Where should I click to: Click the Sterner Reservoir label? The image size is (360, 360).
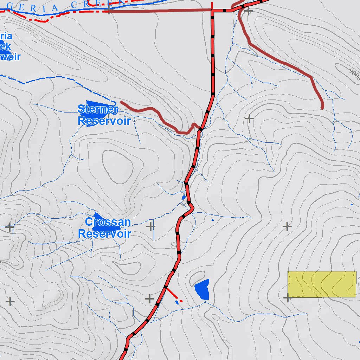tap(104, 115)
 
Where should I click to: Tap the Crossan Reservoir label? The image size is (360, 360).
tap(105, 228)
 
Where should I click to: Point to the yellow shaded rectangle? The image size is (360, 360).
tap(322, 284)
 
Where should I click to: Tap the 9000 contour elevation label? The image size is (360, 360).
tap(354, 75)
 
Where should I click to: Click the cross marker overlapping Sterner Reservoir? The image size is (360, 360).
tap(108, 116)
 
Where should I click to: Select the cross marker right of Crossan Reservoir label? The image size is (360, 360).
tap(150, 226)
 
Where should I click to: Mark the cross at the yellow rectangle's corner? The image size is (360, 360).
tap(288, 298)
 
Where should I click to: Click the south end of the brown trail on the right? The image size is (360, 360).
tap(322, 107)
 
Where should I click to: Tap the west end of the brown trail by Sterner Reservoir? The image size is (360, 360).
tap(121, 102)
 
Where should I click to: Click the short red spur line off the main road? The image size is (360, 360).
tap(172, 294)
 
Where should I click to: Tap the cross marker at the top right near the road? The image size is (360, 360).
tap(249, 11)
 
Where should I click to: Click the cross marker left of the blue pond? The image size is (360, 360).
tap(150, 299)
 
